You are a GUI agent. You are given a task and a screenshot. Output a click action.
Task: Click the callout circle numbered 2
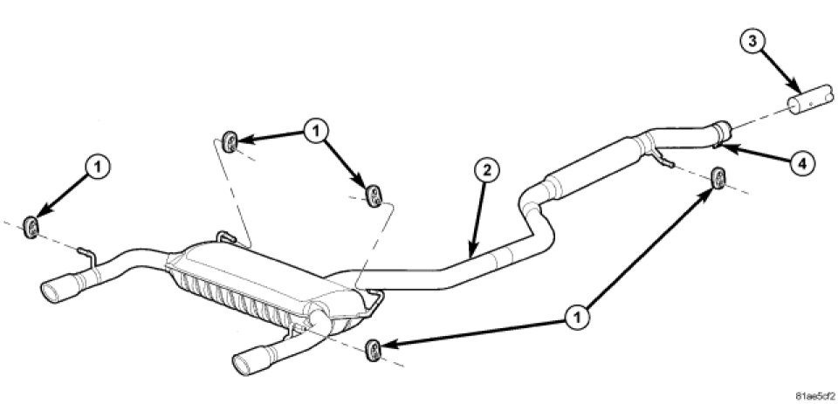coord(486,172)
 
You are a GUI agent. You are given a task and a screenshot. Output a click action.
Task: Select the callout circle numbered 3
coord(752,42)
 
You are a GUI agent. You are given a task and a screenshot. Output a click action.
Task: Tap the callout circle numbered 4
coord(803,162)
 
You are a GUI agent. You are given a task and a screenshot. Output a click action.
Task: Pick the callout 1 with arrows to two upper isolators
coord(316,129)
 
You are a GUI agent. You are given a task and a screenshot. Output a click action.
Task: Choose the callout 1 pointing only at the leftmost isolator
coord(97,167)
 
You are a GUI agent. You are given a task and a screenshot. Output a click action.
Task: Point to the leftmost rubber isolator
coord(31,227)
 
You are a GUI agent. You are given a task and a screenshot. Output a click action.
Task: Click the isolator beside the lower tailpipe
coord(373,350)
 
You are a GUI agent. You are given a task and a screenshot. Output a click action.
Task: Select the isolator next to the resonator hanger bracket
coord(718,178)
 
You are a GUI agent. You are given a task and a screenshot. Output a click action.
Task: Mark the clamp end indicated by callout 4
coord(722,132)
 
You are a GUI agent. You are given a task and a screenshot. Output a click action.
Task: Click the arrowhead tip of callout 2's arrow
coord(471,257)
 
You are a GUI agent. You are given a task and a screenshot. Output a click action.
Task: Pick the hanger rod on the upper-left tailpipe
coord(87,256)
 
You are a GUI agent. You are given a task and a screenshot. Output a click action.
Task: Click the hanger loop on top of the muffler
coord(227,236)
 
